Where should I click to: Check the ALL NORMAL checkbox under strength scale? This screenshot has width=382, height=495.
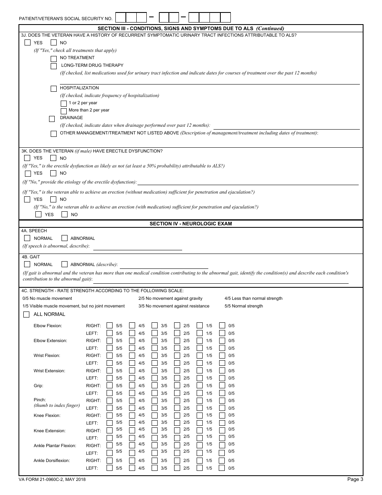coord(27,314)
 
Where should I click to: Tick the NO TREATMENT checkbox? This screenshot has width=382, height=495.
coord(53,58)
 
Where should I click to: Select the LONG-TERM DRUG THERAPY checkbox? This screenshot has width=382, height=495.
coord(53,66)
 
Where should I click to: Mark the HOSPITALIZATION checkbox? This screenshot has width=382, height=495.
coord(53,88)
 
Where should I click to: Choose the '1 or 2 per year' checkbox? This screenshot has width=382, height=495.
coord(63,103)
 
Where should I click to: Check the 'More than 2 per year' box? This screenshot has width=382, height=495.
coord(63,111)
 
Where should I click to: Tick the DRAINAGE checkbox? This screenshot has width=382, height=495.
coord(51,118)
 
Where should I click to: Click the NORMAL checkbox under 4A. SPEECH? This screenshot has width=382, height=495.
coord(27,238)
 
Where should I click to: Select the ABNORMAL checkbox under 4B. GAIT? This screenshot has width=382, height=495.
coord(64,264)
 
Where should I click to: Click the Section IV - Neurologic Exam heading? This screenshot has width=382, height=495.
coord(191,224)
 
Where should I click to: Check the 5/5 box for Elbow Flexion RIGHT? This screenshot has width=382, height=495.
coord(109,326)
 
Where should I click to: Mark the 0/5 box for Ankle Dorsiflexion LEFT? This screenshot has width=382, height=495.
coord(222,468)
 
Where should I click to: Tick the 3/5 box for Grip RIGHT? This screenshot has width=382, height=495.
coord(154,386)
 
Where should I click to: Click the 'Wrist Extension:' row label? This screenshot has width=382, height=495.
coord(49,371)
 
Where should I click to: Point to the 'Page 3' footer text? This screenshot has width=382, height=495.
coord(355,479)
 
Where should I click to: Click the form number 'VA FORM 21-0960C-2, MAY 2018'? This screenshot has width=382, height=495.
coord(52,479)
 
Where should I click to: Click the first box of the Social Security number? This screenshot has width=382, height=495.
coord(121,17)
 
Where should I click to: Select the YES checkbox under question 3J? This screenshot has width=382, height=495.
coord(27,42)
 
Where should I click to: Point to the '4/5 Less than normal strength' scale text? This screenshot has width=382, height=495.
coord(253,299)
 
